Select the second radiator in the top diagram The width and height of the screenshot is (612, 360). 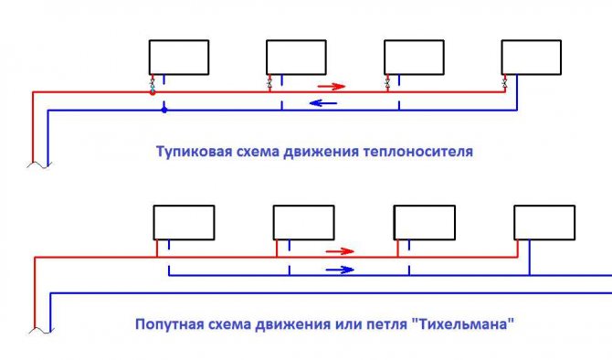pyautogui.click(x=297, y=57)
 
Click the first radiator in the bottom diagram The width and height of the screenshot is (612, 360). pyautogui.click(x=184, y=221)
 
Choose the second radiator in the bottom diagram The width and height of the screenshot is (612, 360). pyautogui.click(x=304, y=221)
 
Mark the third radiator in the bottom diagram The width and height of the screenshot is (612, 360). pyautogui.click(x=424, y=221)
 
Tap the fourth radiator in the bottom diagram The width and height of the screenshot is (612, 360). pyautogui.click(x=544, y=221)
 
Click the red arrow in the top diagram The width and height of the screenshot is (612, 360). pyautogui.click(x=332, y=87)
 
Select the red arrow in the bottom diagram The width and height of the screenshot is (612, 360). pyautogui.click(x=339, y=250)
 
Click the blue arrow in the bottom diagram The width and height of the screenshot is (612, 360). pyautogui.click(x=340, y=270)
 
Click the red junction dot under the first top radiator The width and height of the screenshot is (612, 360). pyautogui.click(x=153, y=92)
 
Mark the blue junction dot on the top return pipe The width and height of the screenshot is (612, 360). pyautogui.click(x=164, y=110)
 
